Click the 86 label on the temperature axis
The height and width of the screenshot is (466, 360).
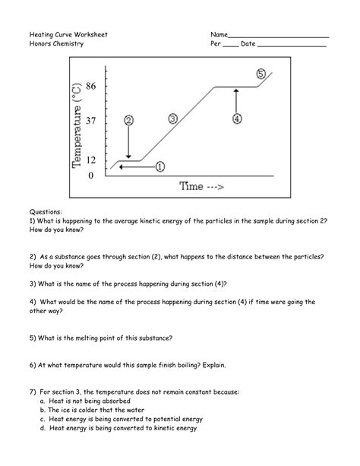90,87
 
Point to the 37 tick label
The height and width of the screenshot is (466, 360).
90,121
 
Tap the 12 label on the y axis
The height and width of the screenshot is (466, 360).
90,160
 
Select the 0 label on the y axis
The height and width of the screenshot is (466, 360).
91,176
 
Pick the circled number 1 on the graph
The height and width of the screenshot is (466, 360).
160,165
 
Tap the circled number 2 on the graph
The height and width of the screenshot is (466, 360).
128,120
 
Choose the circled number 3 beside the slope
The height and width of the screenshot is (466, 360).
172,119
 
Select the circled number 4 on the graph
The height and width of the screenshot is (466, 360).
237,119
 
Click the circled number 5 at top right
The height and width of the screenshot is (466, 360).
261,74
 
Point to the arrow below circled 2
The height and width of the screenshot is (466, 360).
128,143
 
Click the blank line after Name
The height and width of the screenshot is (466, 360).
278,36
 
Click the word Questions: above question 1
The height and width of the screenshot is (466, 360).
46,209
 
